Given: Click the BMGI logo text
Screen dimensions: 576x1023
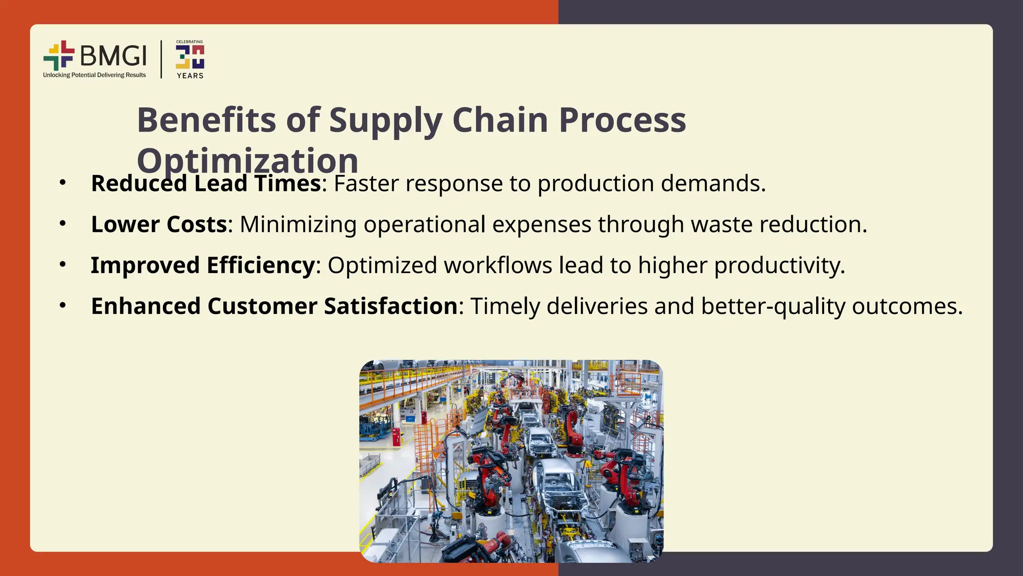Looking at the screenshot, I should pos(113,55).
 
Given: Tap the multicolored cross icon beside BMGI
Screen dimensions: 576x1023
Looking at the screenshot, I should pos(58,55).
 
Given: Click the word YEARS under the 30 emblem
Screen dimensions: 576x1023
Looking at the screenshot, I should pos(190,76).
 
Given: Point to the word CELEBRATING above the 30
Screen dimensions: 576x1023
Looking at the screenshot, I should pos(189,42).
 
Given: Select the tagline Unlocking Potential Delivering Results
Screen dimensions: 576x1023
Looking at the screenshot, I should pos(94,75).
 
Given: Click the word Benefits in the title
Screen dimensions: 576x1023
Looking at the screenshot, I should pos(206,120).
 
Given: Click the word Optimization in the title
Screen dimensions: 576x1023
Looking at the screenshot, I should pos(247,160).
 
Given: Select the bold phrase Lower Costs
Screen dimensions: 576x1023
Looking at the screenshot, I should pos(159,224).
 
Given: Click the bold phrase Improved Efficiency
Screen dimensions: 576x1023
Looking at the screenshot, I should pos(202,265).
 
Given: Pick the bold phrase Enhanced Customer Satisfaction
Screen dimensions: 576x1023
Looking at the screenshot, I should pos(274,306).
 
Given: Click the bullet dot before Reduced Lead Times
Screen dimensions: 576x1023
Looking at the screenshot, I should pos(62,183).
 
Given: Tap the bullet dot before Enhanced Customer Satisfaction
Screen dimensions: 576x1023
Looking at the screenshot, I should pos(62,305).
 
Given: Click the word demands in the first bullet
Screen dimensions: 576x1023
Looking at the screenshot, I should pos(713,183).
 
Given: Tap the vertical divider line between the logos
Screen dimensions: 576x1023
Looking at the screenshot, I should pos(161,59).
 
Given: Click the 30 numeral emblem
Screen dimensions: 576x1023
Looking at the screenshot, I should pos(190,57).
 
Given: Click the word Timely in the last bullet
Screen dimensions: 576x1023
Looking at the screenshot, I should pos(505,306).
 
